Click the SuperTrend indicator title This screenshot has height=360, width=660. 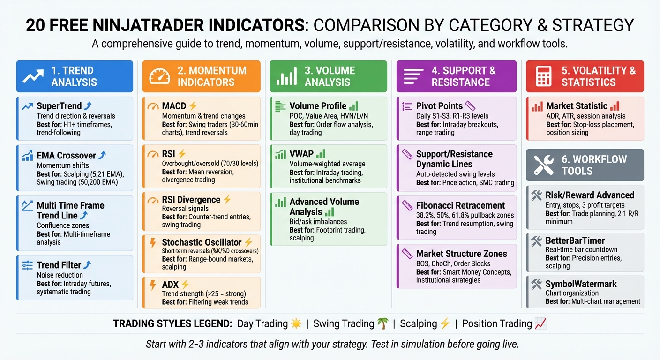coord(59,106)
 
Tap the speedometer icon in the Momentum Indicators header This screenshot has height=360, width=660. coord(160,76)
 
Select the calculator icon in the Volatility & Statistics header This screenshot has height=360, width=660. coord(544,76)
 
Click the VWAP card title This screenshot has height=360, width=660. coord(301,154)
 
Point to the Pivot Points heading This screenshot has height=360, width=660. coord(439,106)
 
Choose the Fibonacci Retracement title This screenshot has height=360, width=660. coord(460,205)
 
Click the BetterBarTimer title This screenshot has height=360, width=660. coord(575,240)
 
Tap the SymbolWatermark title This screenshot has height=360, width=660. coord(581,284)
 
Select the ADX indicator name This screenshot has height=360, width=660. coord(170,285)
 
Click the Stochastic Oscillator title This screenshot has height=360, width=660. coord(202,242)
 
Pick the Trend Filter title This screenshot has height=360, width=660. coord(59,265)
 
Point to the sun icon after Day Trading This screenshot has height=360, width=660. coord(296,323)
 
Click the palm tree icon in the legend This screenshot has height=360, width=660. coord(383,323)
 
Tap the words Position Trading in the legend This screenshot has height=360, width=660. coord(497,323)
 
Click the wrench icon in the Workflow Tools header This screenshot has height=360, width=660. coord(544,165)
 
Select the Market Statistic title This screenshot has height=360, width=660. coord(577,106)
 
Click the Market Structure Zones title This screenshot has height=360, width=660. coord(461,254)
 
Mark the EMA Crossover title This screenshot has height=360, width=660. coord(66,156)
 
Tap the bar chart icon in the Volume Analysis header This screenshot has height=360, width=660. coord(286,76)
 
